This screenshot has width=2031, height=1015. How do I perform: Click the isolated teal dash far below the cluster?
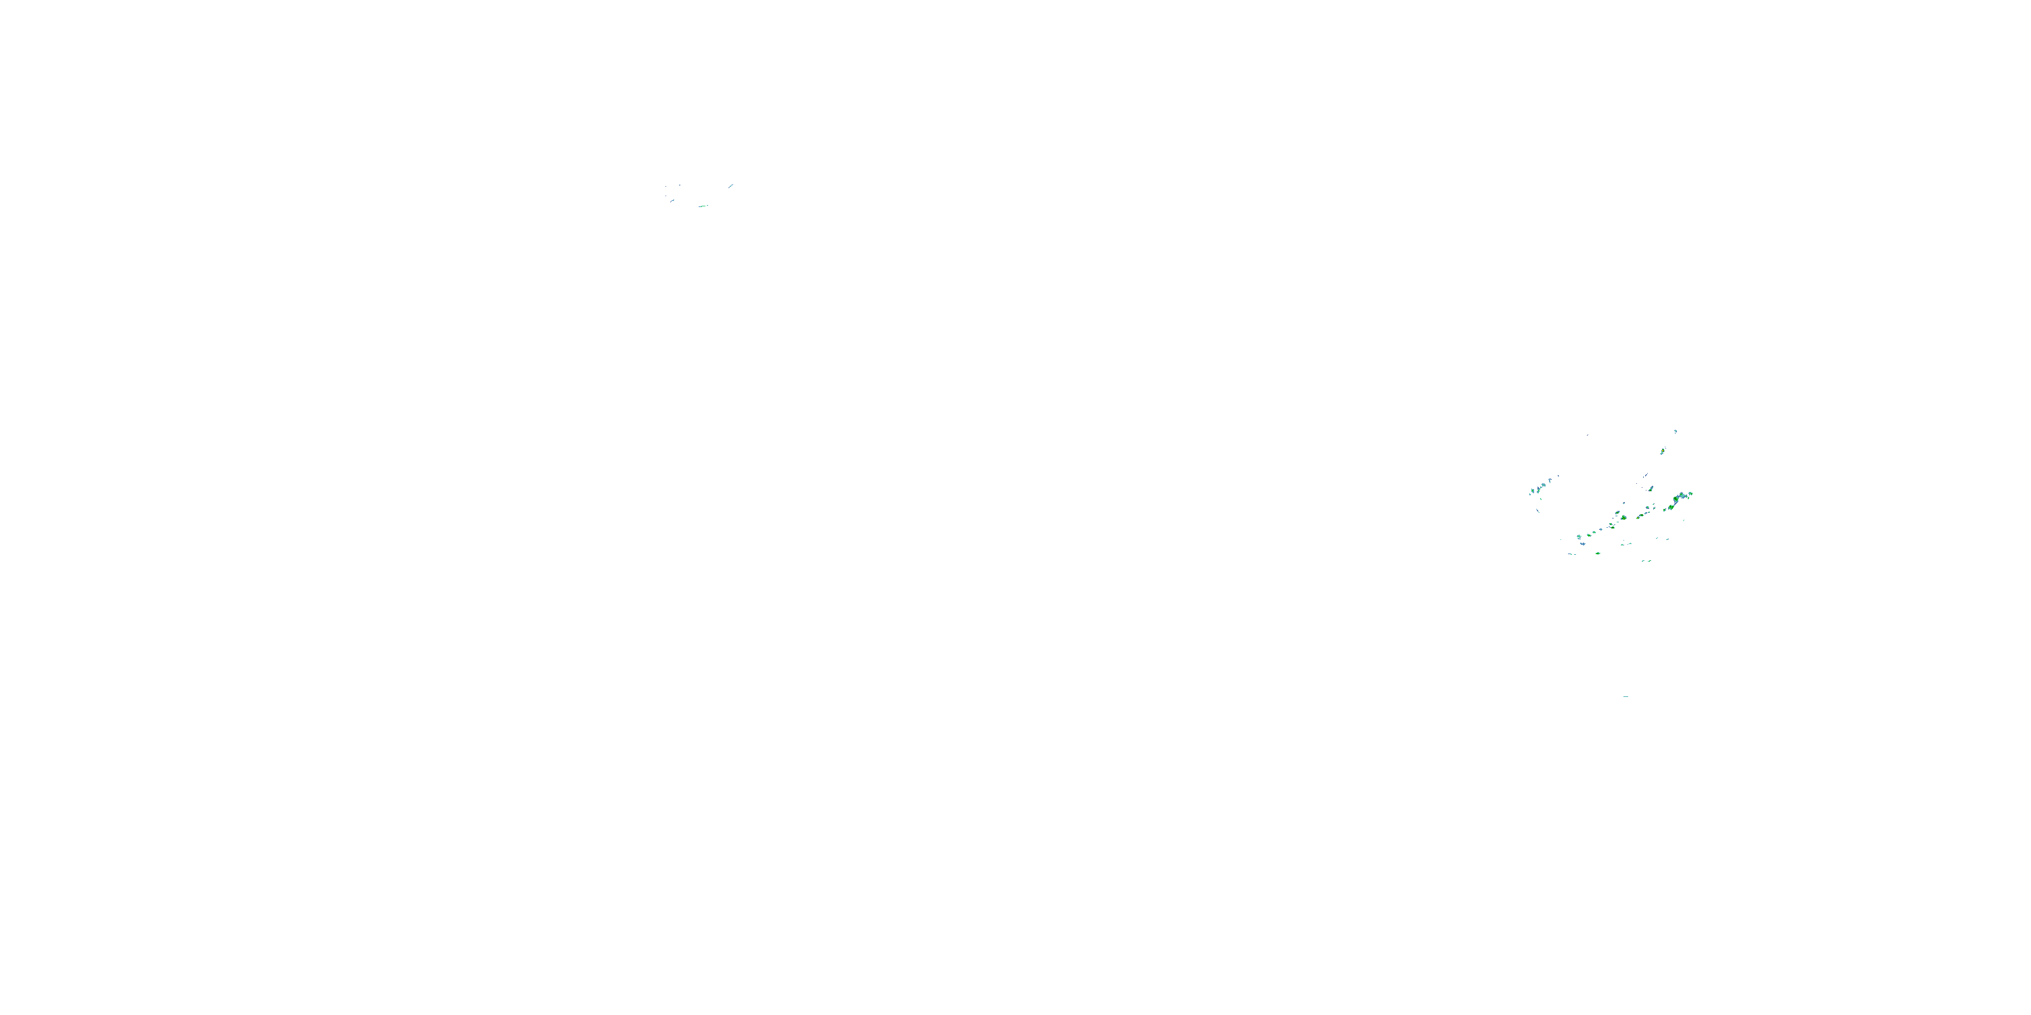click(1625, 697)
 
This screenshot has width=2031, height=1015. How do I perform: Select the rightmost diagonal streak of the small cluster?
click(732, 186)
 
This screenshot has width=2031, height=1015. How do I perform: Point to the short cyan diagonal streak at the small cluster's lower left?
click(672, 201)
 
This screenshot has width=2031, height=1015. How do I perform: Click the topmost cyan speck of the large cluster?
click(1676, 431)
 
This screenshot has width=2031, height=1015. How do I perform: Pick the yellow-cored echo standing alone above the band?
click(1663, 451)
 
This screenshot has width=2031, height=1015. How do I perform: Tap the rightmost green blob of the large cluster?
click(1690, 493)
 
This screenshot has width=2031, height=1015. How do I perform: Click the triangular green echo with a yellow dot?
click(1623, 518)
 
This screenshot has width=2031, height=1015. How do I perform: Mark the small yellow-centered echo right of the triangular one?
click(1638, 518)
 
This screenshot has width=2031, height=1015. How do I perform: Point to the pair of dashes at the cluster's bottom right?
click(1647, 561)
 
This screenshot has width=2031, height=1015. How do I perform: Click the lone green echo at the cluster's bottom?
click(1598, 554)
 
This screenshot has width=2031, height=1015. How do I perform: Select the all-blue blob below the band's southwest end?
click(1584, 544)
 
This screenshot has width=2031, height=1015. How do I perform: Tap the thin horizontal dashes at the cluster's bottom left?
click(1571, 554)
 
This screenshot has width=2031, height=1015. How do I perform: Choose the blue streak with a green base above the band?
click(1651, 489)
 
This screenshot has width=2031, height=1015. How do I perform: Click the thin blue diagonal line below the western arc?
click(1537, 511)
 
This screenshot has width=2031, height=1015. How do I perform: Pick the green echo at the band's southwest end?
click(1579, 536)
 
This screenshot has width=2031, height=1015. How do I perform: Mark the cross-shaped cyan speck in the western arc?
click(1550, 480)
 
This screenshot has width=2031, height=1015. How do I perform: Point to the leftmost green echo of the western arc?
click(1533, 491)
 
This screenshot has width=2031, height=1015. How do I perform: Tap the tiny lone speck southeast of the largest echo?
click(1684, 521)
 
